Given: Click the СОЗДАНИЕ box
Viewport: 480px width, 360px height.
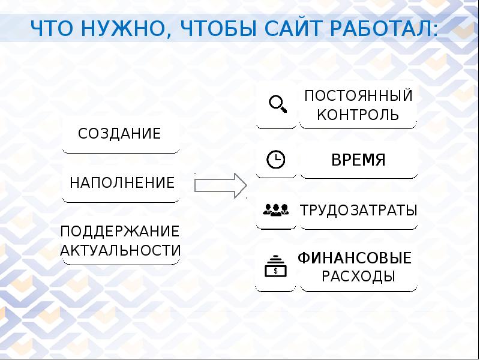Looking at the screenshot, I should (x=120, y=133).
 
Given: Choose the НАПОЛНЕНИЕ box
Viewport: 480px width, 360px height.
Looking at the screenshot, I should (x=122, y=182).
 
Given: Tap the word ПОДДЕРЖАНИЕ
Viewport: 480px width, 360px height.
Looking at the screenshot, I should (x=120, y=232).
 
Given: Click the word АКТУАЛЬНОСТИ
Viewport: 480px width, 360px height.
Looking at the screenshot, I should (x=121, y=250).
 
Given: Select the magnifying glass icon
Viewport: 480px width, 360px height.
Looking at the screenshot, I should (x=277, y=104).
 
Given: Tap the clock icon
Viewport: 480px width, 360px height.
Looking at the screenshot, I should (x=275, y=160).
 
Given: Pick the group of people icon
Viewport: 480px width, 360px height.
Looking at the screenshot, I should (x=276, y=210).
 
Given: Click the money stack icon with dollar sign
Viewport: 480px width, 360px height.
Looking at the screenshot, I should (x=276, y=265).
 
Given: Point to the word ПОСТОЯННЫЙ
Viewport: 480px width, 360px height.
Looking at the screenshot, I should (x=358, y=95).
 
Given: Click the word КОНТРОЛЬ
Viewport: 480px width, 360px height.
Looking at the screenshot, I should (x=358, y=115).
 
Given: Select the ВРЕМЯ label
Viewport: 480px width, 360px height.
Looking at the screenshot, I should (x=358, y=160).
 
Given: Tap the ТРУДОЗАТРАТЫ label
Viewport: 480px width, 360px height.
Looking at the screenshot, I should (x=358, y=211).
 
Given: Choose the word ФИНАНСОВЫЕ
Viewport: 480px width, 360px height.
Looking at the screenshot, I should (x=355, y=259).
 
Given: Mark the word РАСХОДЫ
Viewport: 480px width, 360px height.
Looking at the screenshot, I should (x=358, y=277).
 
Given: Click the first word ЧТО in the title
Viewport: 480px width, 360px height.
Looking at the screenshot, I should (x=50, y=29).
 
